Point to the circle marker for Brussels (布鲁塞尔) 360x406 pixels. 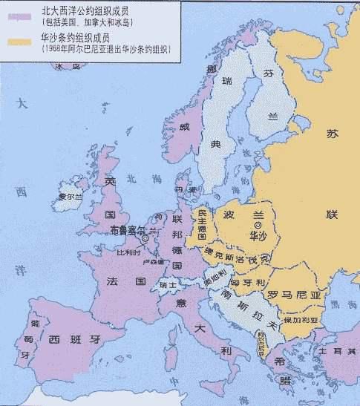point(145,238)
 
